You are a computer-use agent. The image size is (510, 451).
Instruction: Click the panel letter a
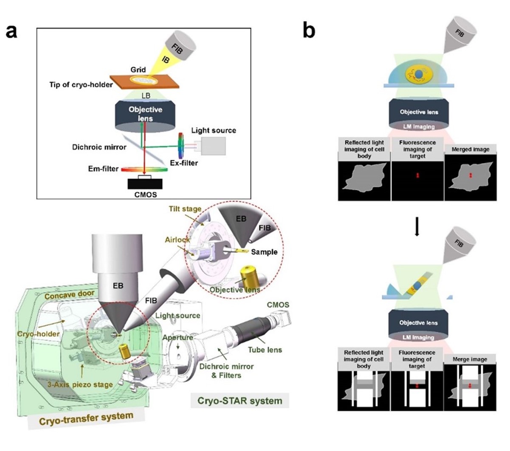coord(11,31)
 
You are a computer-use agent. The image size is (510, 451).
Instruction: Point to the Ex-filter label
coord(183,162)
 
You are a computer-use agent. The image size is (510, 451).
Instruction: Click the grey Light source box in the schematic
coord(213,145)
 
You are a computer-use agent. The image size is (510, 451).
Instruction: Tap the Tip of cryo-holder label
coord(81,84)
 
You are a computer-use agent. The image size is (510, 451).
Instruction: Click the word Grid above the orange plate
coord(138,70)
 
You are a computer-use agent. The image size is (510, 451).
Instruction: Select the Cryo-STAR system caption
coord(240,400)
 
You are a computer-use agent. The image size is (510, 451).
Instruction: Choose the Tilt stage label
coord(185,209)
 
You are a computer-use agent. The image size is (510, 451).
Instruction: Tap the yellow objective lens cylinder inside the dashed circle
coord(247,276)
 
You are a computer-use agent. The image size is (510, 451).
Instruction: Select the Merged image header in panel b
coord(470,149)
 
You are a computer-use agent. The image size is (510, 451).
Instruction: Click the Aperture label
coord(179,337)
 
